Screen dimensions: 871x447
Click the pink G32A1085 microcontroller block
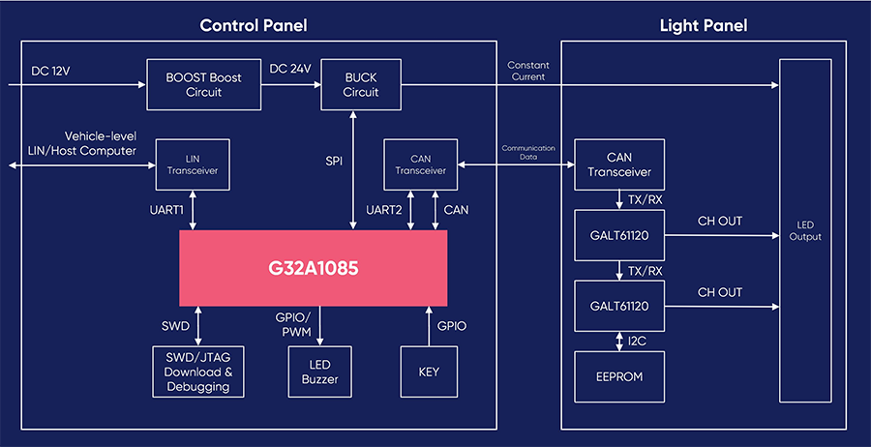click(313, 268)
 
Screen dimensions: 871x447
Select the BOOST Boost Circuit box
click(204, 84)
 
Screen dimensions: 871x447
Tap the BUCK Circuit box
click(361, 84)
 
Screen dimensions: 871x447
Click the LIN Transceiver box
click(193, 164)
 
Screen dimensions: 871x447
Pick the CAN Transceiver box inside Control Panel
click(421, 164)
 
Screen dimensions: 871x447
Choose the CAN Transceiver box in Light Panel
click(619, 164)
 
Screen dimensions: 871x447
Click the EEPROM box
click(619, 376)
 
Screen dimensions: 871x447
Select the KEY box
click(429, 372)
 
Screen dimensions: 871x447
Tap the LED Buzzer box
click(319, 372)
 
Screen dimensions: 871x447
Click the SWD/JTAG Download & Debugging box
click(198, 372)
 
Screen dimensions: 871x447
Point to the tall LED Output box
click(805, 230)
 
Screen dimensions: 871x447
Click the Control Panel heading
click(254, 25)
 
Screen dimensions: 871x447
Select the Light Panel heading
click(704, 25)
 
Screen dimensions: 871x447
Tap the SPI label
click(334, 162)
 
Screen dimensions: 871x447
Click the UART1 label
click(166, 210)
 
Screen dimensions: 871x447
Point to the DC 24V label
click(290, 69)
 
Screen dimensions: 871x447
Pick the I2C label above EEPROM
click(636, 340)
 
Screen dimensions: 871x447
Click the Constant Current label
click(528, 71)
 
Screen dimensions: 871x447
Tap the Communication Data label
click(528, 153)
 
